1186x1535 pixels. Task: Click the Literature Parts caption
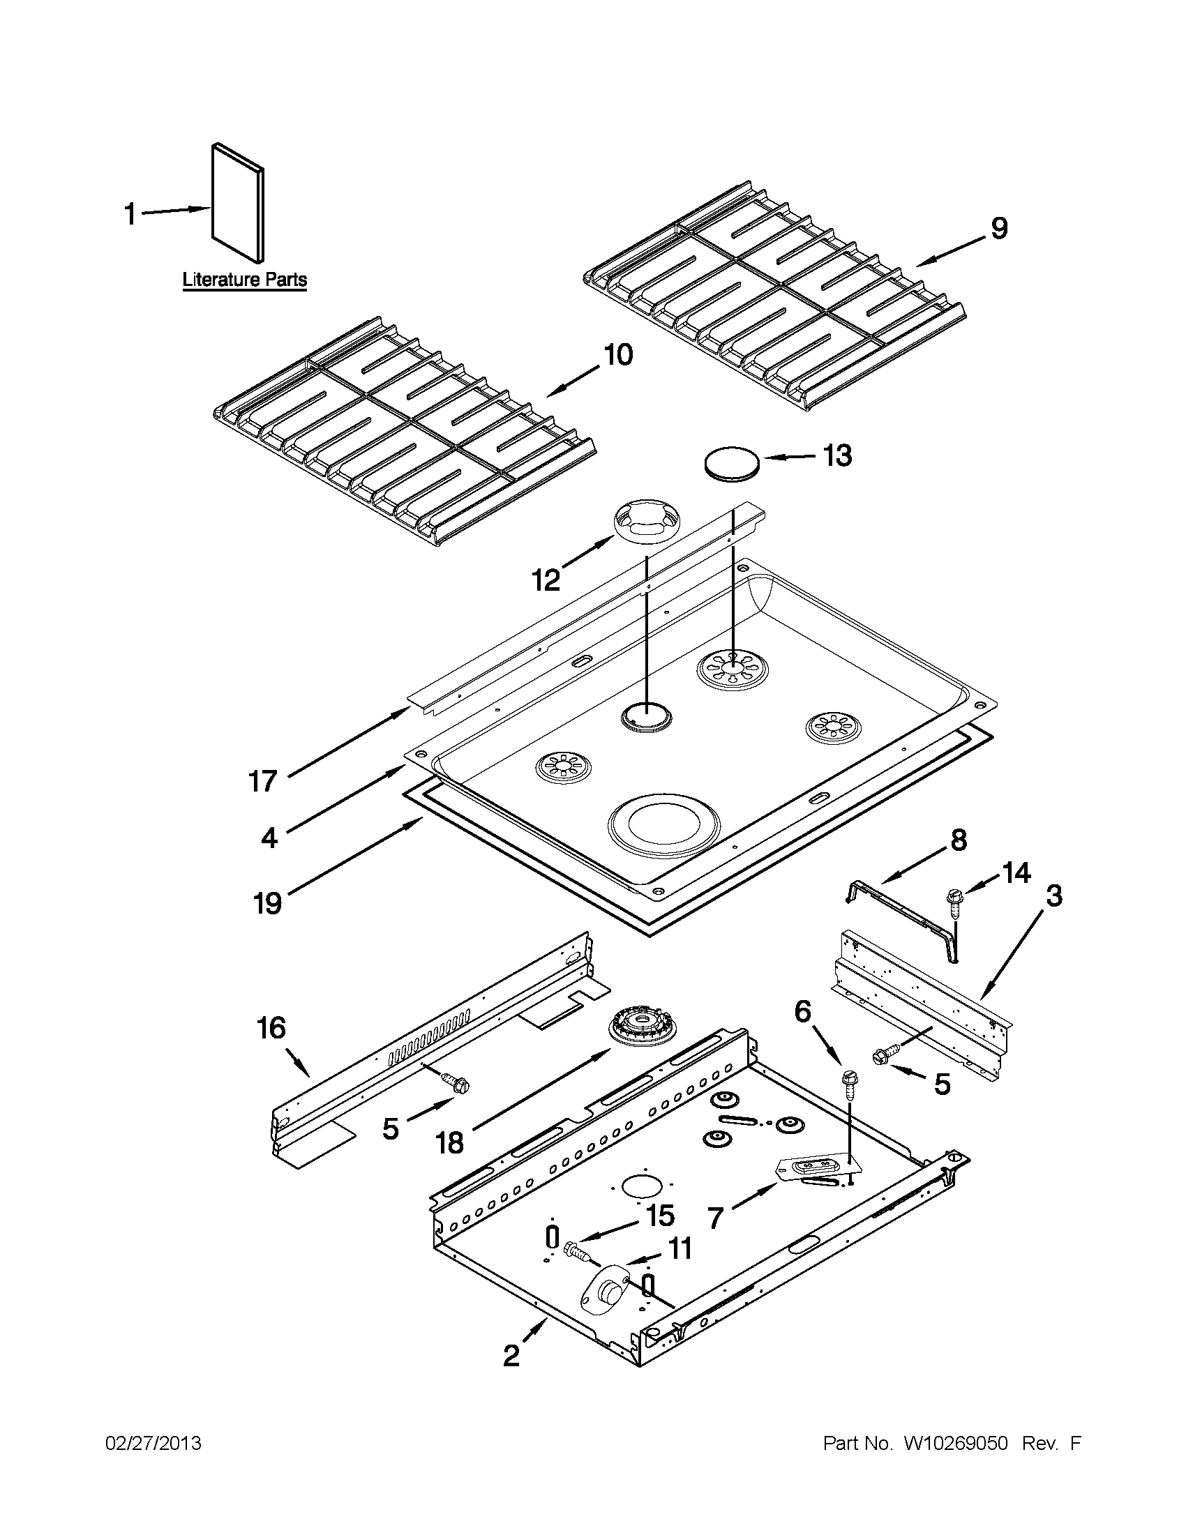(245, 280)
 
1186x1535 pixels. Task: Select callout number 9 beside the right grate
(998, 228)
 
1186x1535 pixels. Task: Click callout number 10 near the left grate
(617, 355)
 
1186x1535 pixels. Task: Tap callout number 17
(263, 781)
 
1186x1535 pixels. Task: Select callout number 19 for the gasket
(267, 902)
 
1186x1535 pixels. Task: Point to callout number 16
(271, 1027)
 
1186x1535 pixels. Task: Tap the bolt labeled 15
(575, 1250)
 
